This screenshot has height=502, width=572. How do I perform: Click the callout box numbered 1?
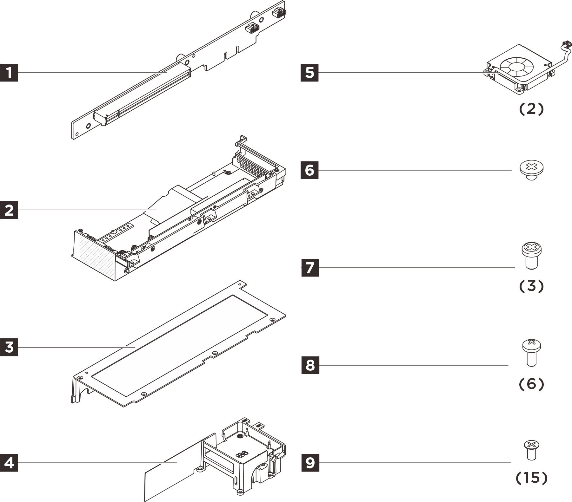tap(9, 73)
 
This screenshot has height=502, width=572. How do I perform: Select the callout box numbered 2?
tap(9, 210)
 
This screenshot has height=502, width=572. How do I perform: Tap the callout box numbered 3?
tap(9, 347)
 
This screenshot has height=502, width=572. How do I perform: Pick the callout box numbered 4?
tap(9, 463)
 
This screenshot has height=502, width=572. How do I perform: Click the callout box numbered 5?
tap(309, 73)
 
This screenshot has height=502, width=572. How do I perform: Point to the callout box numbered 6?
tap(309, 170)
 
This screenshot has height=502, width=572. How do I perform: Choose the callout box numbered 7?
tap(309, 268)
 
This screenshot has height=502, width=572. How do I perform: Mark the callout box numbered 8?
tap(309, 365)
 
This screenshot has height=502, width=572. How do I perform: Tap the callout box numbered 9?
tap(309, 463)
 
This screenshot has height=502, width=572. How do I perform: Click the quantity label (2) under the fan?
tap(531, 109)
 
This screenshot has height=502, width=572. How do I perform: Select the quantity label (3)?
tap(531, 286)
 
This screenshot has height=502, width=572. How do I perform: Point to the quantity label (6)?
tap(531, 384)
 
